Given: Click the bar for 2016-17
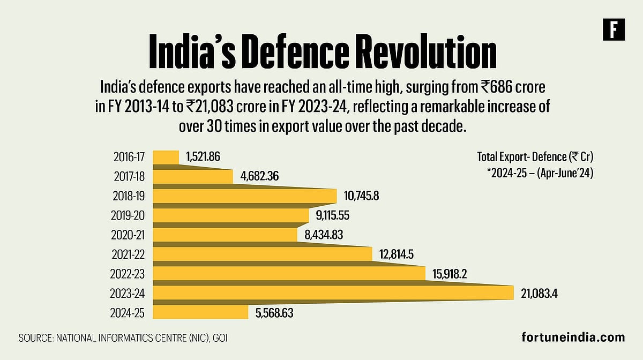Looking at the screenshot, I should [x=166, y=157].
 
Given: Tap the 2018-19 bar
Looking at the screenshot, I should [x=244, y=196].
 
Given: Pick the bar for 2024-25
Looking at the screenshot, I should [x=200, y=312].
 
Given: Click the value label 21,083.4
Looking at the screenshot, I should [x=543, y=293].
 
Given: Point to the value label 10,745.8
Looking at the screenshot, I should [x=361, y=196].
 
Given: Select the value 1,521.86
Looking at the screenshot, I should [x=203, y=157].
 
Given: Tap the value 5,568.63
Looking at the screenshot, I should [x=275, y=312].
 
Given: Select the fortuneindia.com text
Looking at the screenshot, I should [x=573, y=337].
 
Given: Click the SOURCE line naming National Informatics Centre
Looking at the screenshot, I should [x=126, y=338].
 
